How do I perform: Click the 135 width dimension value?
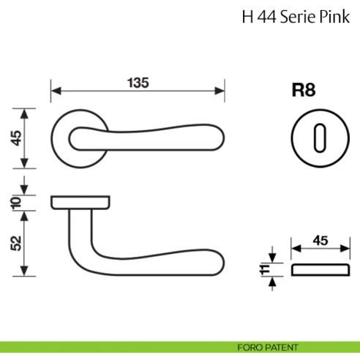coord(137,83)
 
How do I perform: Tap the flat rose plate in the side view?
coord(81,201)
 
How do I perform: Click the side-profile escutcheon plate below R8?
coord(319,269)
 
